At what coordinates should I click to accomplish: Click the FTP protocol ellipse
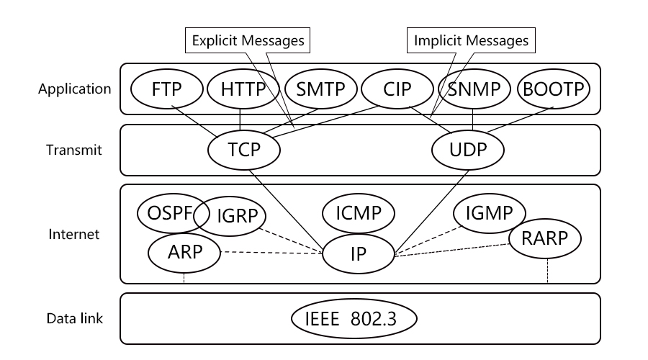click(x=167, y=89)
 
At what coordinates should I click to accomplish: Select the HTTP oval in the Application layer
click(x=243, y=89)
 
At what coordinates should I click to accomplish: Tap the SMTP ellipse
click(x=320, y=89)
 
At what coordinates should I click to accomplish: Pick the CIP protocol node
click(x=397, y=89)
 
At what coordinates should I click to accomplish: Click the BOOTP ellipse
click(x=554, y=89)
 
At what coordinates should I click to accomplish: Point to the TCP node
click(x=244, y=150)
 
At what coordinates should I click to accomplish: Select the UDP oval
click(x=468, y=150)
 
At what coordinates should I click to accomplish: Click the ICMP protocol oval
click(x=359, y=213)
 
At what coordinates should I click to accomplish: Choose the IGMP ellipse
click(x=490, y=213)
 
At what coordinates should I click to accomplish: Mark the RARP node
click(x=545, y=238)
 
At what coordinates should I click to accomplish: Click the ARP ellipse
click(x=184, y=253)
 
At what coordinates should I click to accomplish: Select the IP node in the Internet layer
click(x=359, y=253)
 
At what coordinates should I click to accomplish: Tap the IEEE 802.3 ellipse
click(x=354, y=319)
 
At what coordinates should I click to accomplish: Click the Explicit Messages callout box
click(x=248, y=40)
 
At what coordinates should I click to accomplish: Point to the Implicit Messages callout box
click(x=471, y=40)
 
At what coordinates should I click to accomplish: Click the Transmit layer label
click(x=74, y=150)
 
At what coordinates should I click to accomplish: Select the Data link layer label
click(x=74, y=318)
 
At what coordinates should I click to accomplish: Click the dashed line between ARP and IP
click(x=271, y=253)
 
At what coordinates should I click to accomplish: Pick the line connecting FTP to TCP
click(x=194, y=122)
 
